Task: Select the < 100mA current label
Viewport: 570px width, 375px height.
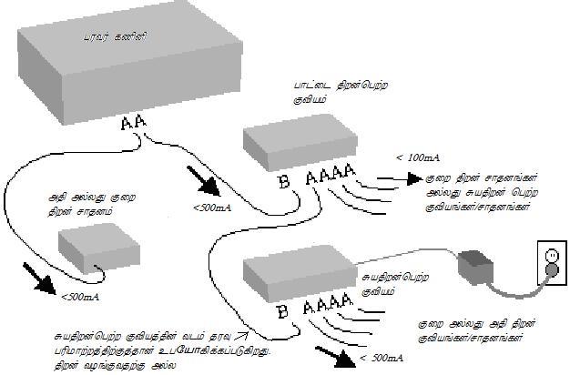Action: point(412,157)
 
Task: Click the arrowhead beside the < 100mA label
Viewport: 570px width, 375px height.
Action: point(411,179)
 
